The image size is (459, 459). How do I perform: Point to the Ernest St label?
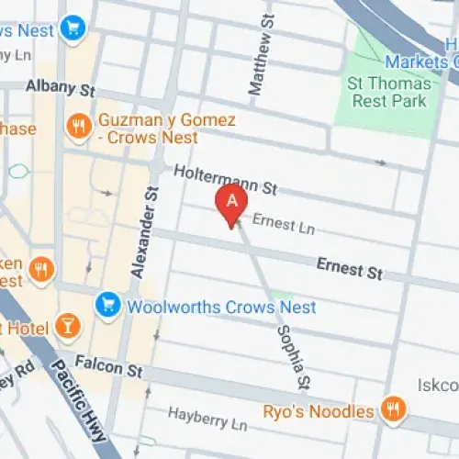(349, 270)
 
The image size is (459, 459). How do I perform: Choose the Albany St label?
(61, 89)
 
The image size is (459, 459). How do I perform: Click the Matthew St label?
(260, 55)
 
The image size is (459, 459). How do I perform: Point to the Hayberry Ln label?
(196, 424)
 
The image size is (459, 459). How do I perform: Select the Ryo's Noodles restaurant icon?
(393, 409)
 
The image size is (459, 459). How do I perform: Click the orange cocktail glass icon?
(67, 325)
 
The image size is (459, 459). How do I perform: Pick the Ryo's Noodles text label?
(319, 410)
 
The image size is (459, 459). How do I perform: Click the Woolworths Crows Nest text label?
(221, 307)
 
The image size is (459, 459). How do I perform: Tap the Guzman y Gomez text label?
(166, 129)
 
